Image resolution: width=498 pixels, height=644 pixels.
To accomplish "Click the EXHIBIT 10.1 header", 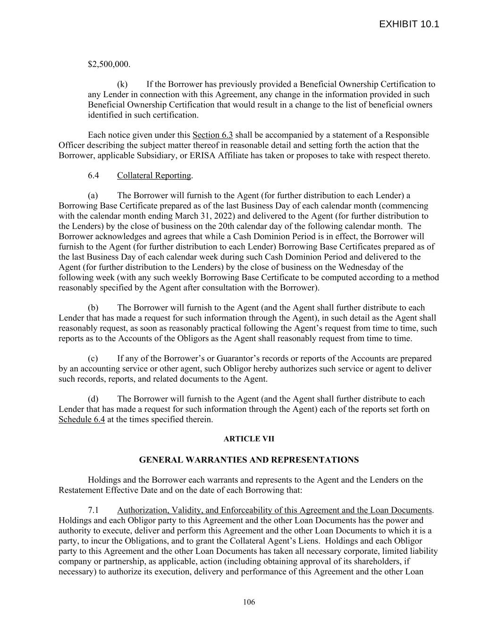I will [409, 24].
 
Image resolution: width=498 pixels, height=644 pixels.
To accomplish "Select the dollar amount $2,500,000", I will [109, 64].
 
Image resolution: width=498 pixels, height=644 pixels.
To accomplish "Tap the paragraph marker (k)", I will [122, 84].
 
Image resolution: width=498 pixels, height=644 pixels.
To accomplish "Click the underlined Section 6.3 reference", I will [213, 135].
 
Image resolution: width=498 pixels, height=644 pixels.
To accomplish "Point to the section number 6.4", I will [93, 176].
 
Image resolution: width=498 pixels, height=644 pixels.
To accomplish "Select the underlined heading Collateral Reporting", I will [154, 176].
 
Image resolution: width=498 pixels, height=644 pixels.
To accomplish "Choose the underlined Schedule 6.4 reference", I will [82, 419].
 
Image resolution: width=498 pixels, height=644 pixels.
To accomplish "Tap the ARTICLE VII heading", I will [249, 439].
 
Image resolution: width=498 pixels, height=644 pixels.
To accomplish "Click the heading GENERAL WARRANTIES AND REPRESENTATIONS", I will [249, 460].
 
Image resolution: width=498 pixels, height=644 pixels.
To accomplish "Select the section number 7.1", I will [93, 510].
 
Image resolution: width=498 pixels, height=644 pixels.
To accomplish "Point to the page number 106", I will [249, 602].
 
